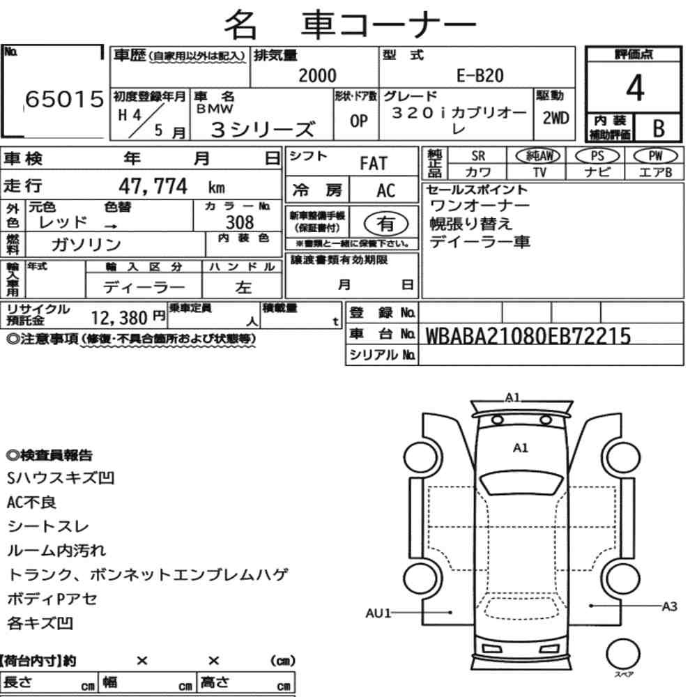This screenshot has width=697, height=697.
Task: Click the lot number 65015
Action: tap(64, 99)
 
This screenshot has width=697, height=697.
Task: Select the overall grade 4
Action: tap(634, 88)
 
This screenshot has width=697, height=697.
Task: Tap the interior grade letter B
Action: tap(659, 128)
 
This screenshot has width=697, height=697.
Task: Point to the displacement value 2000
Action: tap(317, 75)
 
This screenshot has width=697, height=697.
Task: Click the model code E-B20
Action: tap(480, 76)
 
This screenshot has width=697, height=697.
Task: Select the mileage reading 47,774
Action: tap(153, 186)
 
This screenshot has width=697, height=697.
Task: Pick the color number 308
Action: tap(240, 222)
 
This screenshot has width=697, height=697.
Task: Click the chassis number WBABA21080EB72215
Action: tap(528, 336)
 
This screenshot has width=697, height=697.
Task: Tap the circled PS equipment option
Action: tap(597, 156)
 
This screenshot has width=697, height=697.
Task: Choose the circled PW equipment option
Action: tap(655, 155)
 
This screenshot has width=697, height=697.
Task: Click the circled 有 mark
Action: tap(386, 224)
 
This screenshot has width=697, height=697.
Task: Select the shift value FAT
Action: tap(374, 164)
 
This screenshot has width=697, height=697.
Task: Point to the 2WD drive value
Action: tap(556, 118)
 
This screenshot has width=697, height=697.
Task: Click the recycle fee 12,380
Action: tap(119, 318)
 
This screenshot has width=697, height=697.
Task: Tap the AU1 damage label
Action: tap(378, 613)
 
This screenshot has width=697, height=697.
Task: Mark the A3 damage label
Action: tap(669, 606)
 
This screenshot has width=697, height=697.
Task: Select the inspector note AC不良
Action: tap(31, 503)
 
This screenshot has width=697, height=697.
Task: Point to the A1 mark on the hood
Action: tap(521, 447)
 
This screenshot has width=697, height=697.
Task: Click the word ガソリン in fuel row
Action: tap(86, 245)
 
